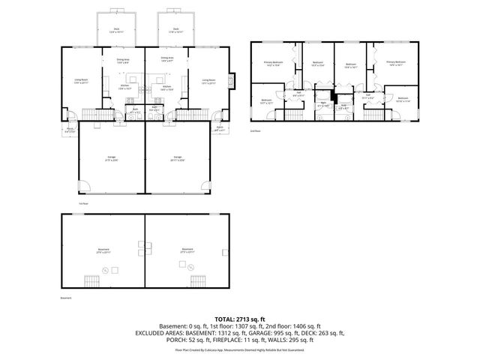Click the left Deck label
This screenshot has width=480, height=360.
[x=116, y=31]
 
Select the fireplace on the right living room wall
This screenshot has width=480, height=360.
[x=233, y=78]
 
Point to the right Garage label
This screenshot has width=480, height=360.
[x=177, y=159]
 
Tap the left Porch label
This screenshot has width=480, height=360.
[x=69, y=129]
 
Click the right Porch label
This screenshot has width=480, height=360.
[x=220, y=128]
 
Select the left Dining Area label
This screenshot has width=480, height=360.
[x=123, y=60]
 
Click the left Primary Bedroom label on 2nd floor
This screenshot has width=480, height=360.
[x=272, y=64]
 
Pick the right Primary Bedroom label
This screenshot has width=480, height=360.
[x=395, y=64]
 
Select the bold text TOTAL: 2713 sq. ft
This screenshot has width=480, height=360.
[x=239, y=319]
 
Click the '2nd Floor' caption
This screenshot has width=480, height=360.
[x=255, y=129]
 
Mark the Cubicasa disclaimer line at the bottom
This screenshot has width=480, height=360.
[x=239, y=349]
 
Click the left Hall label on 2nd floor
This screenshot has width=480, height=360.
[x=297, y=94]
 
